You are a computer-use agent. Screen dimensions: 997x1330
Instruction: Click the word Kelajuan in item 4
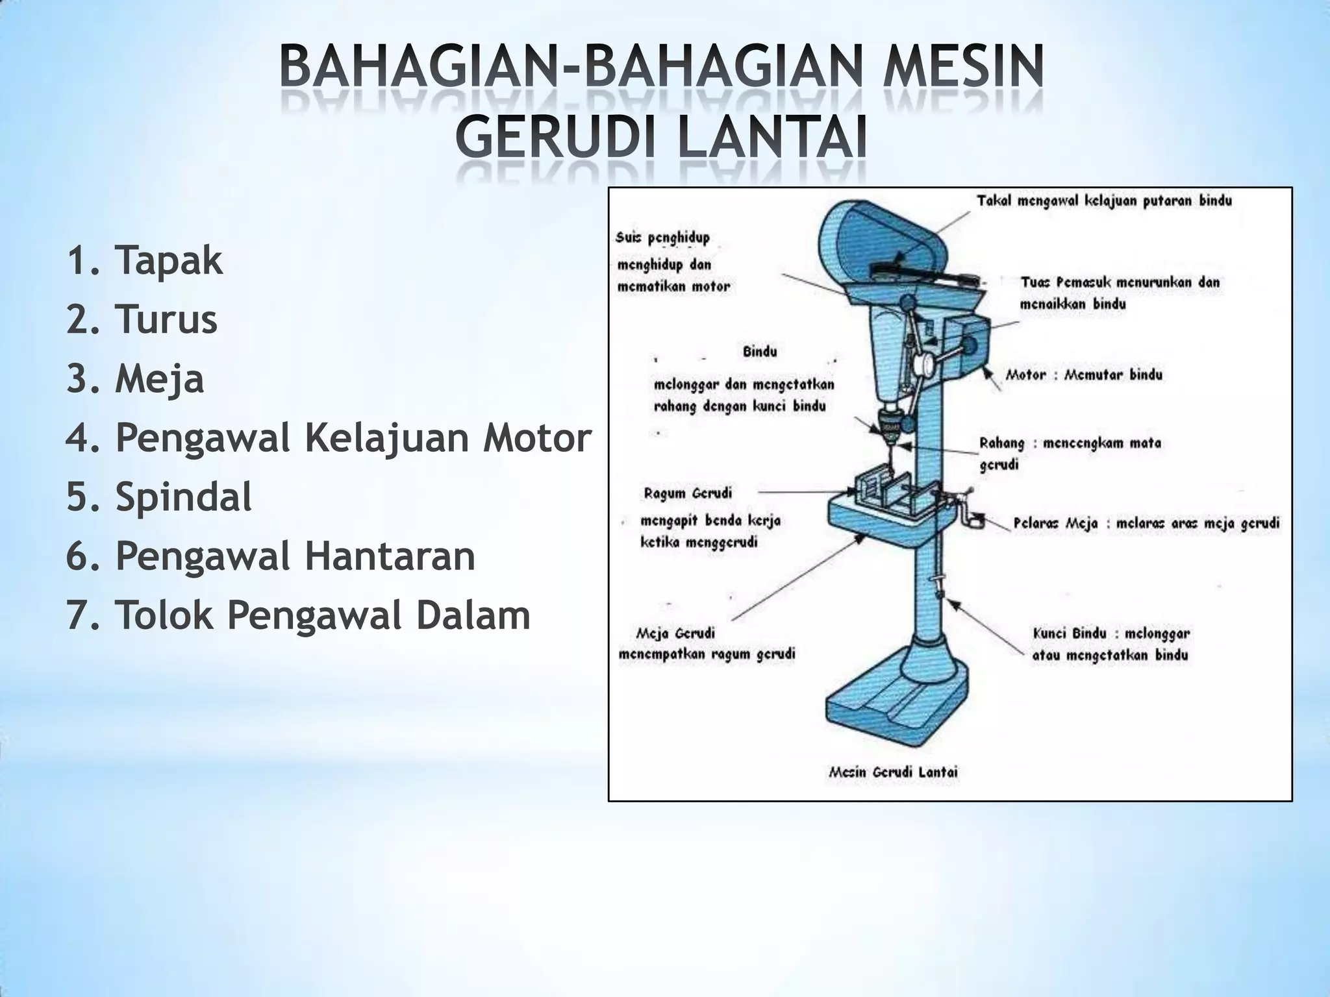[x=388, y=438]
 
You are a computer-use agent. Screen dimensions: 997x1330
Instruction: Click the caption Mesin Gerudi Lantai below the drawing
[x=893, y=772]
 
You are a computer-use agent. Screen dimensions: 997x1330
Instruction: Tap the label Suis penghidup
[x=662, y=238]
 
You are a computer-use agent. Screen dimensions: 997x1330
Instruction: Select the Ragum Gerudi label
[x=687, y=493]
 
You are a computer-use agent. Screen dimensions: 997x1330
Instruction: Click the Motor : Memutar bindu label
[x=1084, y=375]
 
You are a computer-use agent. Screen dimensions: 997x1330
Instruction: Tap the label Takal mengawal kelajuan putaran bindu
[x=1104, y=201]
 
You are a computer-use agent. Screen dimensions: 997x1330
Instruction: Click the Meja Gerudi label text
[x=675, y=633]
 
